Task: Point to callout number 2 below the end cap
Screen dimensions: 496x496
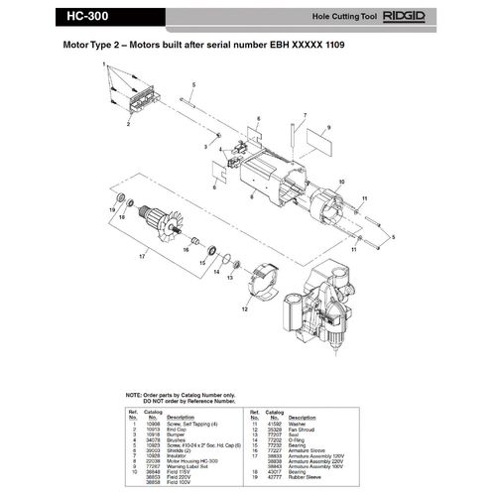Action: coord(127,126)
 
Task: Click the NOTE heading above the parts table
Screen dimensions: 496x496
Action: coord(139,394)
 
